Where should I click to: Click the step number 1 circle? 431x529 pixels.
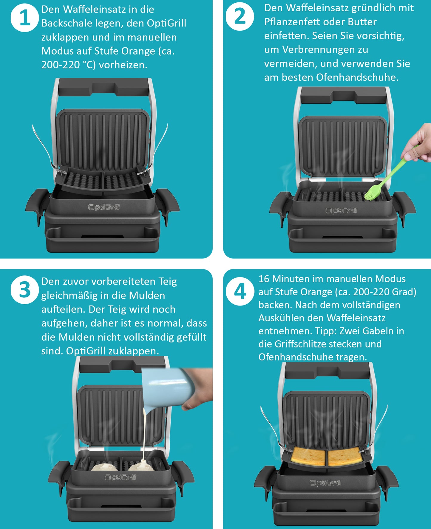pos(25,18)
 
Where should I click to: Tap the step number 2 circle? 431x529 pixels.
pos(240,16)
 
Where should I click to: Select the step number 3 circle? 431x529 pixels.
pos(25,290)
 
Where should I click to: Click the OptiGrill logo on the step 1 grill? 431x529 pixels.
pos(104,207)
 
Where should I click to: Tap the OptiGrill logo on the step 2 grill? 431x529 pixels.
pos(341,210)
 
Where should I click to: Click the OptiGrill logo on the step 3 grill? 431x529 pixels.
pos(120,477)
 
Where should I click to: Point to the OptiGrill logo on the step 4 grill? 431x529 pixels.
pos(325,483)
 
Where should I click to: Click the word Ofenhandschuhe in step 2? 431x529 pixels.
pos(357,77)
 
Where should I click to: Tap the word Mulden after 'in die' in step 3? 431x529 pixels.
pos(147,295)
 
